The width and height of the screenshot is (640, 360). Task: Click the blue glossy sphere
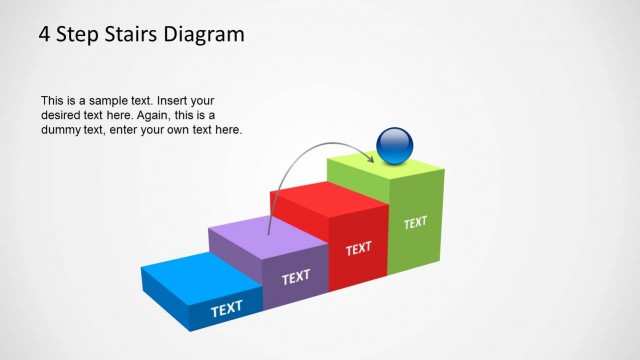tap(395, 146)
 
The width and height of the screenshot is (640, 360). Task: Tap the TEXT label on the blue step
tap(227, 309)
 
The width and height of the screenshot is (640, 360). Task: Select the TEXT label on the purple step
tap(296, 277)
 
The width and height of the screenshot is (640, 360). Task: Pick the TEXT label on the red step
tap(358, 248)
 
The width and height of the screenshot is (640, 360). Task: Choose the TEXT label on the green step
tap(415, 222)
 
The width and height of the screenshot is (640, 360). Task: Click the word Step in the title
tap(77, 35)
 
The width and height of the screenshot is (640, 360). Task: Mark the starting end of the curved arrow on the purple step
tap(270, 234)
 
